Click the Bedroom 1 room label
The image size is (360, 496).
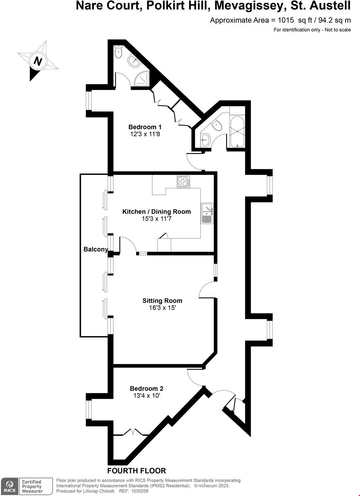[x=145, y=127]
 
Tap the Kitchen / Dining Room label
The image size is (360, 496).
[x=156, y=211]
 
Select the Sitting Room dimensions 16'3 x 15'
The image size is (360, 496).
[x=162, y=308]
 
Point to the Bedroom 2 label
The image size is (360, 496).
[x=147, y=389]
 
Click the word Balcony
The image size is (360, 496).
[x=96, y=249]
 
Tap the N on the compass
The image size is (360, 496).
[x=37, y=61]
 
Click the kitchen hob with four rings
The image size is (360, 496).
[x=183, y=181]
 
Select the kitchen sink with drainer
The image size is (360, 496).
[x=207, y=213]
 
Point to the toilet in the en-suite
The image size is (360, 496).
[x=118, y=53]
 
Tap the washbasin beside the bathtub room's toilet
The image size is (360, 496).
[x=205, y=140]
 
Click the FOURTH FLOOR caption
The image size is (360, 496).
[x=136, y=471]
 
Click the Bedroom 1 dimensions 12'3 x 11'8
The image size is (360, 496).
[x=145, y=134]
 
